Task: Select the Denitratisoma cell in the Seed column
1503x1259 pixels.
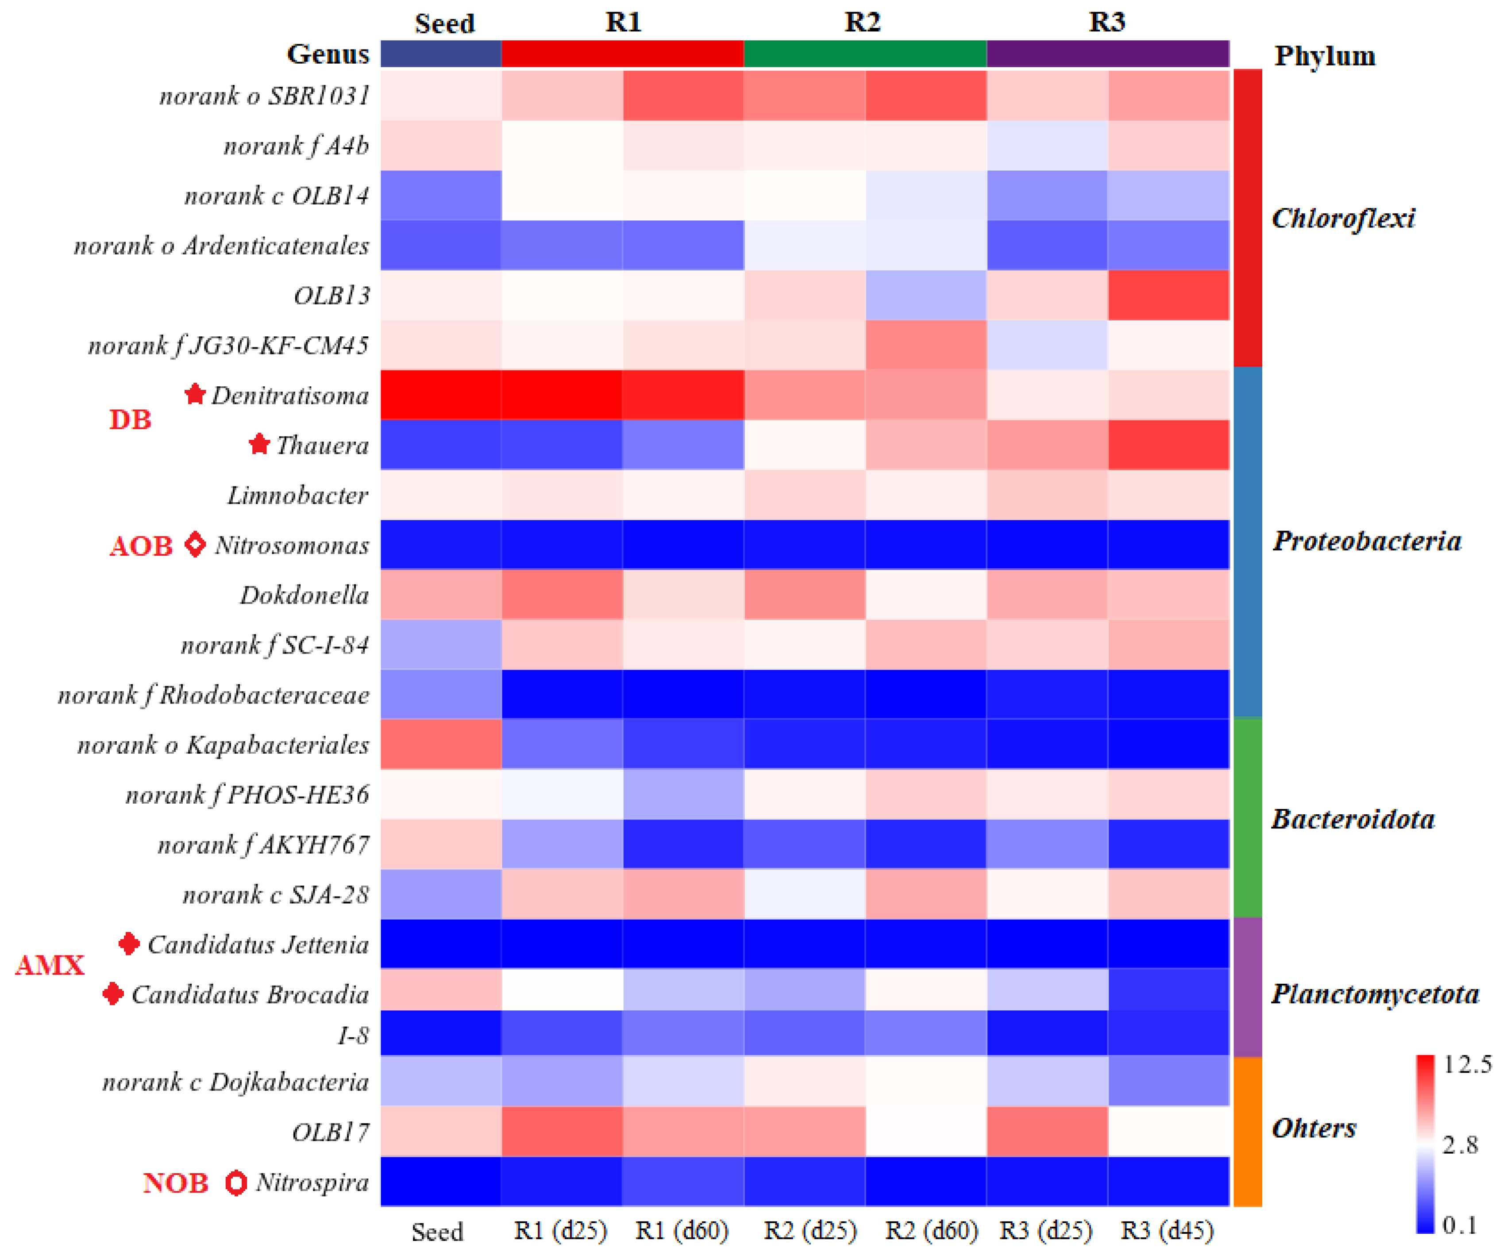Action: [440, 394]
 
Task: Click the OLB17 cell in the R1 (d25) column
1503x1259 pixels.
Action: [562, 1131]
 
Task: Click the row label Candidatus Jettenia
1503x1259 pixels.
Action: [258, 945]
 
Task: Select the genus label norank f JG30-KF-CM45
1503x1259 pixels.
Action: [228, 346]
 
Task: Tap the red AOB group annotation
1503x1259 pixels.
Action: [141, 546]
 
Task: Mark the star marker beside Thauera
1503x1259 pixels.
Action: [259, 444]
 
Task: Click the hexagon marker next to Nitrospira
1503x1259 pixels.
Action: [235, 1182]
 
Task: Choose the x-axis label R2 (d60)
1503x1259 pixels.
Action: [931, 1230]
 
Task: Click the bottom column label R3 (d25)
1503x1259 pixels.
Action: [1046, 1230]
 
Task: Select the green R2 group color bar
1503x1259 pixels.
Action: [865, 54]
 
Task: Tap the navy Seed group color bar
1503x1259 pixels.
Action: [440, 54]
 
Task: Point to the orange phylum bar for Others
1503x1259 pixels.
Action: [1248, 1131]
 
